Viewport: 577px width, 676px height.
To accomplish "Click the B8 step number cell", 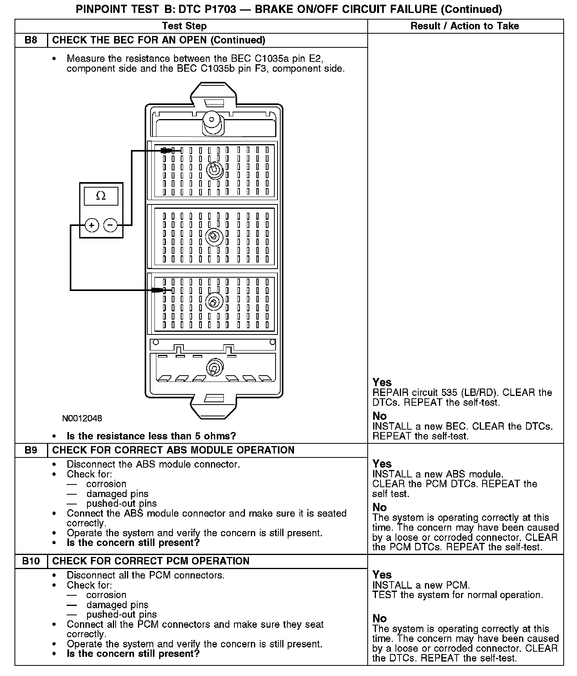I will click(31, 40).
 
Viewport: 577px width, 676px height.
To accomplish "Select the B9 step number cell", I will click(31, 450).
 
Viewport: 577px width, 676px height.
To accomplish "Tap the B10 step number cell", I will click(31, 561).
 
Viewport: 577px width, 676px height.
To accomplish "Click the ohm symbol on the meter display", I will click(101, 196).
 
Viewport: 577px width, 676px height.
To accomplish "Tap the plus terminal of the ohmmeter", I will click(92, 225).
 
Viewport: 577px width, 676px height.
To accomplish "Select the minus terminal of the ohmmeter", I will click(110, 225).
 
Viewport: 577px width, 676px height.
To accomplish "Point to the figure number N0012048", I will click(82, 418).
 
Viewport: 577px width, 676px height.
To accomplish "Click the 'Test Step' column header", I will click(184, 26).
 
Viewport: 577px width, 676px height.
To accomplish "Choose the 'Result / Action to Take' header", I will click(465, 26).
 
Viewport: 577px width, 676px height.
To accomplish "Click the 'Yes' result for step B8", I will click(382, 382).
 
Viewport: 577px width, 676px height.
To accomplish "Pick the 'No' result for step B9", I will click(379, 508).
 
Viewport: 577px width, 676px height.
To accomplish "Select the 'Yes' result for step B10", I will click(382, 575).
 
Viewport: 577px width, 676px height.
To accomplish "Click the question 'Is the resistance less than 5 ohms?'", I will click(151, 436).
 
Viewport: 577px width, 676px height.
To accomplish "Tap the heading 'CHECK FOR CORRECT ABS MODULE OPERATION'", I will click(173, 450).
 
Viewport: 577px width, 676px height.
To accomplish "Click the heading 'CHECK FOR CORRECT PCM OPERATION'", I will click(151, 561).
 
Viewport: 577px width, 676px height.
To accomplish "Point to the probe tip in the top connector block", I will click(167, 150).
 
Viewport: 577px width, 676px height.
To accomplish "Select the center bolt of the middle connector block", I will click(214, 237).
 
